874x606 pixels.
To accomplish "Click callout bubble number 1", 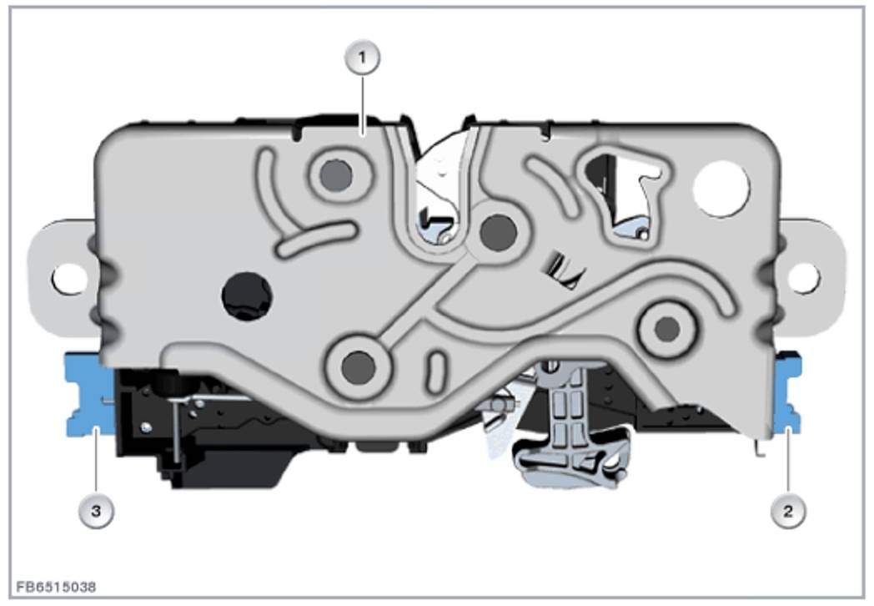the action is tap(362, 58).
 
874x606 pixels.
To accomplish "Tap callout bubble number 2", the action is tap(788, 511).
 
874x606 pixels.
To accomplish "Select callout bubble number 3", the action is tap(96, 511).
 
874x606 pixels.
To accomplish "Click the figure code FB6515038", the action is tap(56, 587).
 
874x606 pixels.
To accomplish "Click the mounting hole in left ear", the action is tap(70, 278).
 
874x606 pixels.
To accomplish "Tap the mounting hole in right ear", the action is tap(804, 277).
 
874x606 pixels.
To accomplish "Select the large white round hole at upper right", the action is tap(721, 189).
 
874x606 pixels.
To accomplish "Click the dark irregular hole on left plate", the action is tap(246, 296).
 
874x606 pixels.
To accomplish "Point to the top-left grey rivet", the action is tap(336, 175).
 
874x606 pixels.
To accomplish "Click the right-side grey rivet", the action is tap(666, 329).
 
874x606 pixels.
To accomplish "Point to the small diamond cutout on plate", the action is tap(565, 270).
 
